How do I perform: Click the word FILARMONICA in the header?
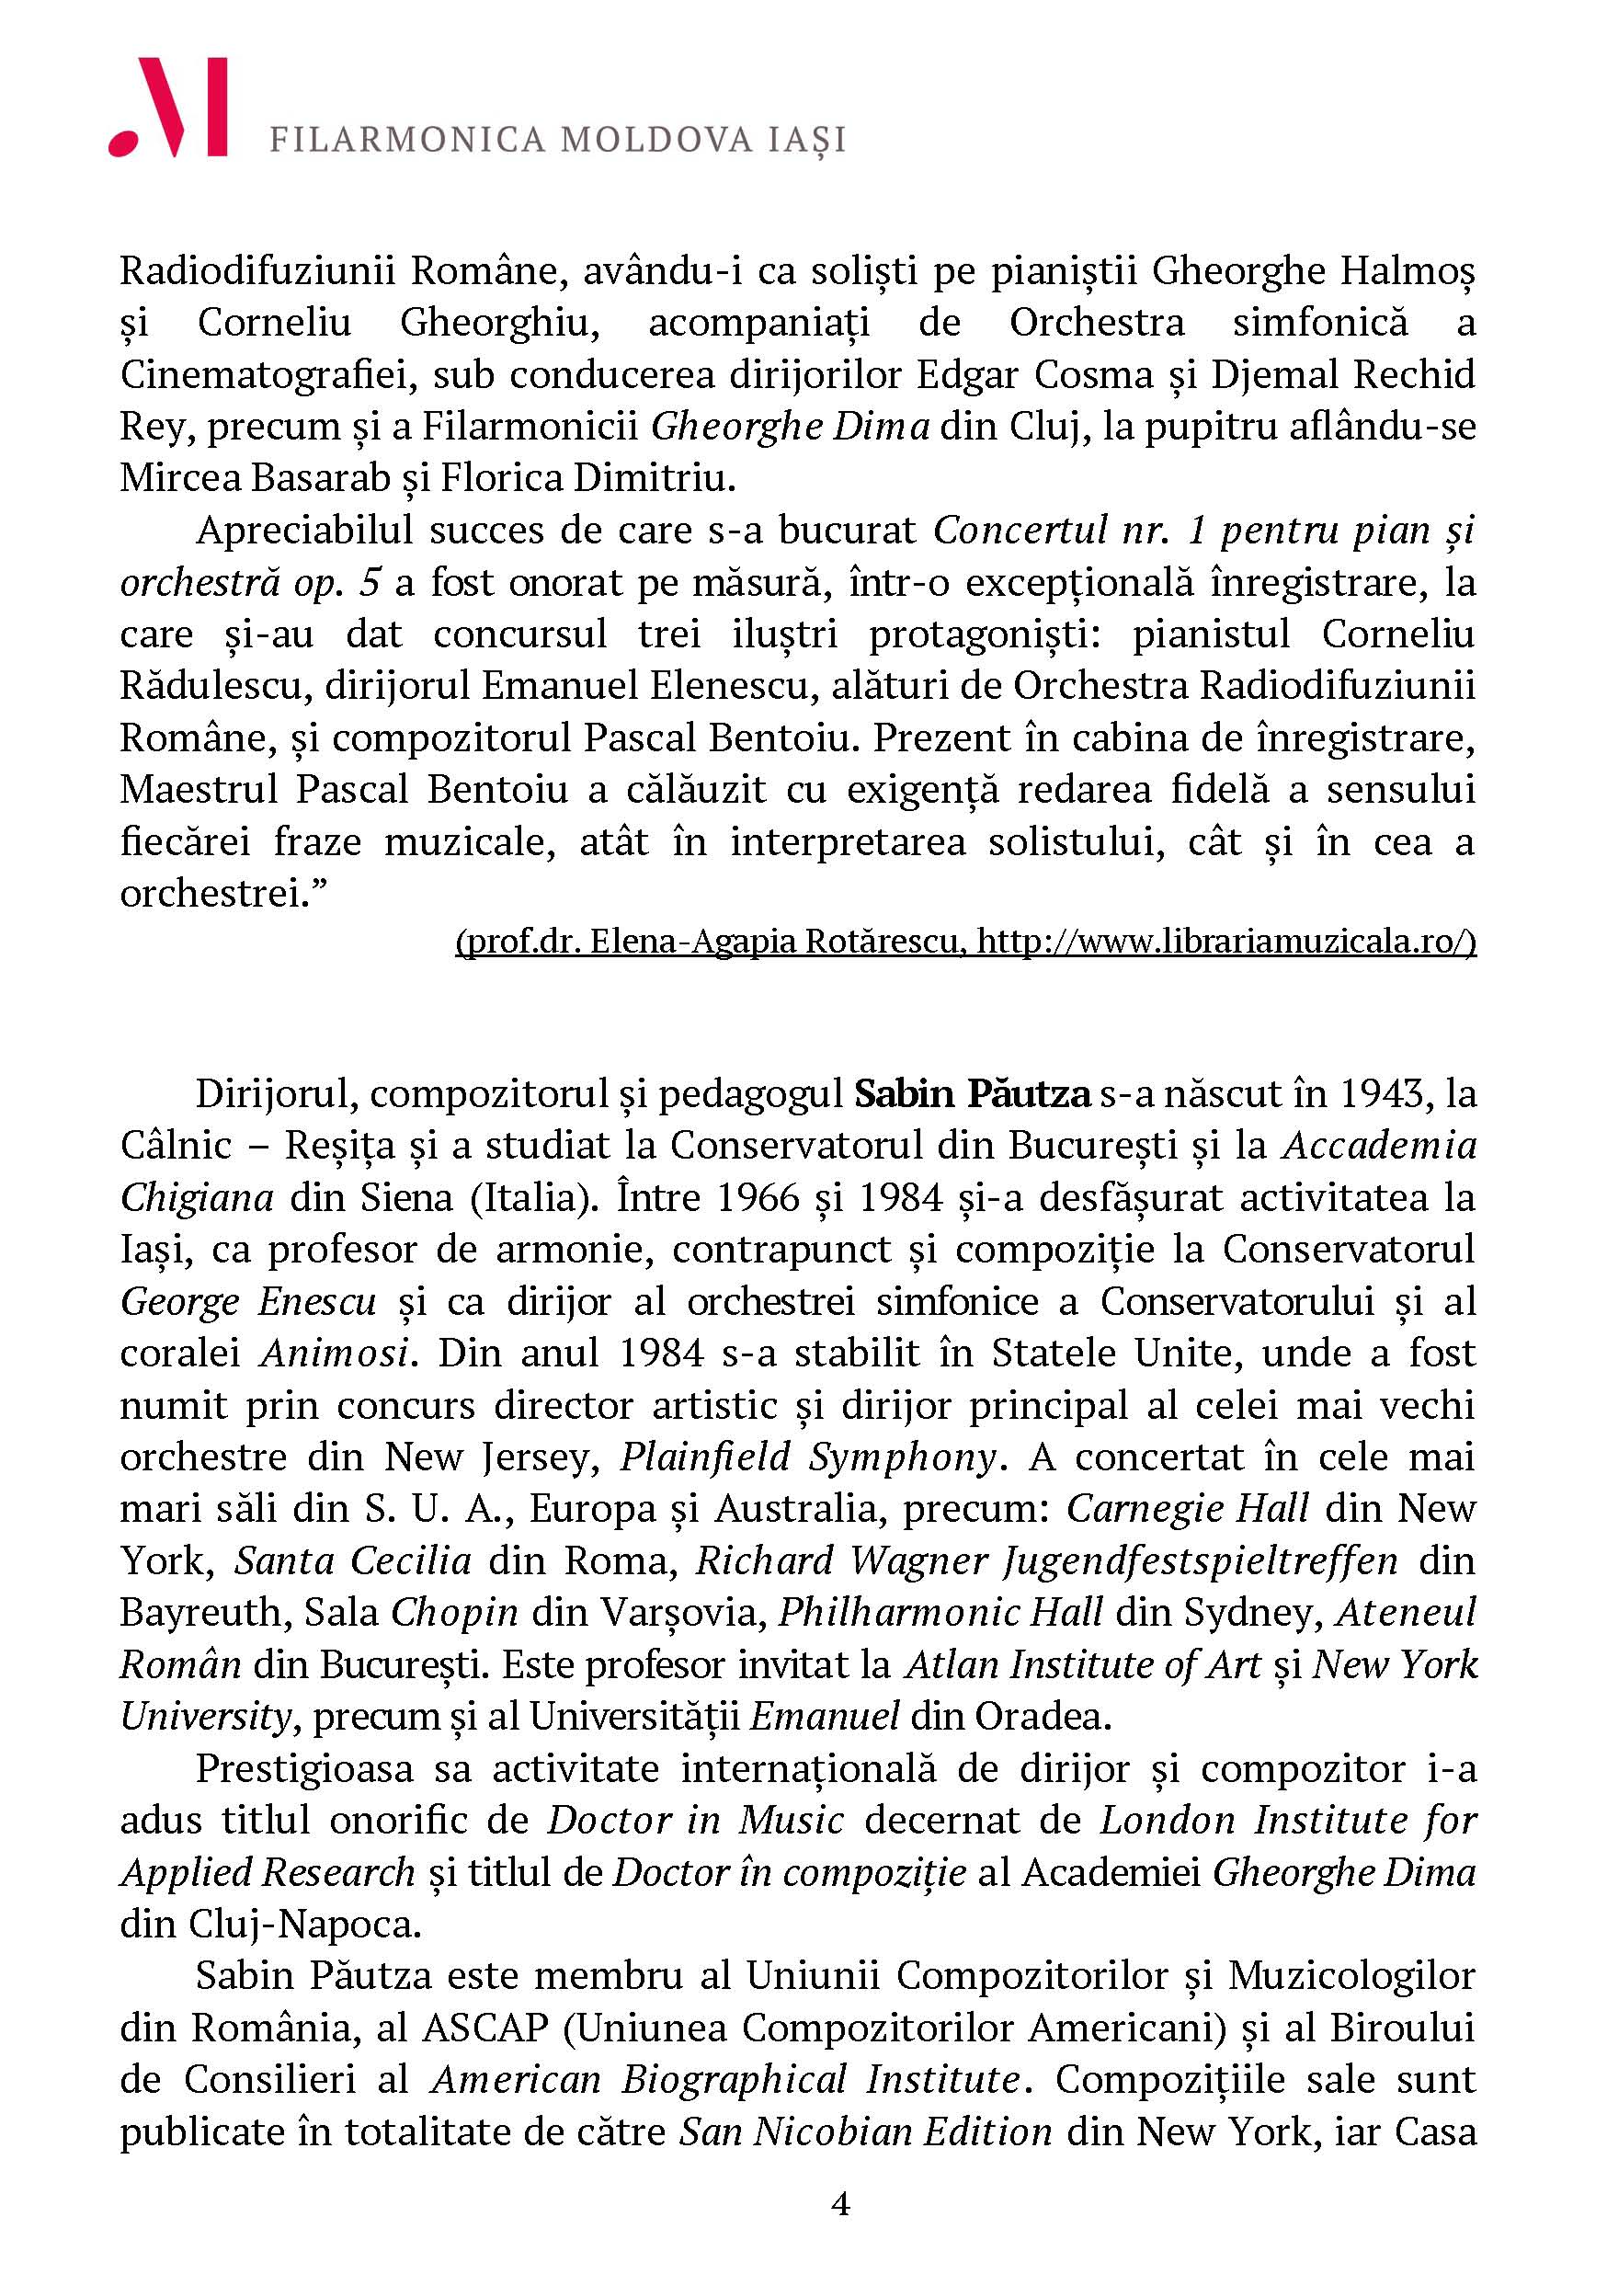click(x=407, y=141)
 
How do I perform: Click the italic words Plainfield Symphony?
click(x=807, y=1457)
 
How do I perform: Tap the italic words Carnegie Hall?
click(x=1187, y=1508)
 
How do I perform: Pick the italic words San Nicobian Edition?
click(x=864, y=2131)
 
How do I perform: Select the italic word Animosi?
click(x=335, y=1353)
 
